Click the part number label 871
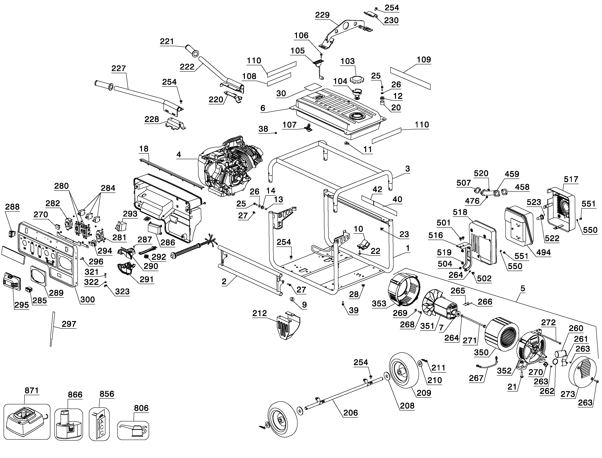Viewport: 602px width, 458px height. pos(32,391)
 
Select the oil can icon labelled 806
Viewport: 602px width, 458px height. pos(133,431)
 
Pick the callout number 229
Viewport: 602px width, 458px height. pos(322,15)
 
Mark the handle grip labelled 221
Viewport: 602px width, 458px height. pos(192,51)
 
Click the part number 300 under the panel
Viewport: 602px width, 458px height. pos(88,300)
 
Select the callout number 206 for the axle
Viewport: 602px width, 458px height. pos(350,413)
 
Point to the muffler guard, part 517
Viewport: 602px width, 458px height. pos(561,209)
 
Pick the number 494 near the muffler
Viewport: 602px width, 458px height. pos(543,252)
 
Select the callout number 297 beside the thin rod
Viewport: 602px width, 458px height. pos(69,324)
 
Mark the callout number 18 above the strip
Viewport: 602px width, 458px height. pos(144,149)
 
